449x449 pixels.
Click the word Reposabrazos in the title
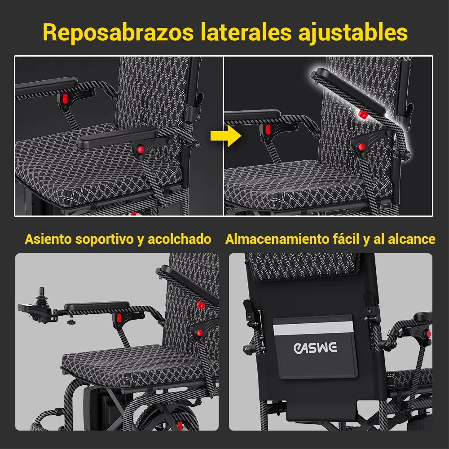tap(118, 33)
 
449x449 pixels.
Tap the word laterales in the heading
tap(246, 32)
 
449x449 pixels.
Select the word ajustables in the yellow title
tap(353, 33)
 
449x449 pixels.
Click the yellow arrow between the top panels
tap(226, 136)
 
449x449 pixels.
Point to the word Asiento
tap(48, 239)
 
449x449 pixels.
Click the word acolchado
tap(179, 239)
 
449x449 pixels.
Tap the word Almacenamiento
tap(277, 239)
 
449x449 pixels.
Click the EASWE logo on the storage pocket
tap(315, 348)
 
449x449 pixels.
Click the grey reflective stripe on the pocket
tap(313, 328)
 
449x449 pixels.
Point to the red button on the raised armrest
tap(363, 114)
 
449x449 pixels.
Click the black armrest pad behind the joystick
tap(97, 306)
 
